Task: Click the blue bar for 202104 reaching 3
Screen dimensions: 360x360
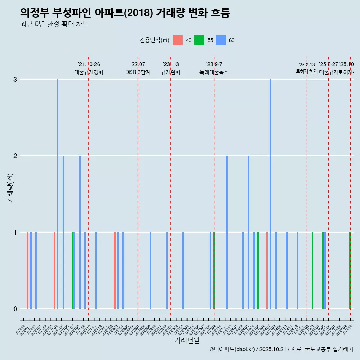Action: (x=58, y=194)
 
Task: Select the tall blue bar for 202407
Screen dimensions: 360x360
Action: (x=270, y=194)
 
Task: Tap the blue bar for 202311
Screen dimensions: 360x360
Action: (x=227, y=232)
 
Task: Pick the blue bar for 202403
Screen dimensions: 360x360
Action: (x=249, y=232)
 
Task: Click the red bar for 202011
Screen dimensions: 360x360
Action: (x=27, y=270)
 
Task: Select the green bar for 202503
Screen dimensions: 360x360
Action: (x=312, y=270)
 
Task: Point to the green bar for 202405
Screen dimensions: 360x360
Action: (x=258, y=270)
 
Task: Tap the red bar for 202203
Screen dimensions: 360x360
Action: (x=114, y=270)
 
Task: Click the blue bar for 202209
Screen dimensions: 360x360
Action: (x=150, y=270)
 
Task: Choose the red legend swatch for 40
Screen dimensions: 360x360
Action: (x=178, y=40)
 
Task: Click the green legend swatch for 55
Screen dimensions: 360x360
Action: (x=199, y=40)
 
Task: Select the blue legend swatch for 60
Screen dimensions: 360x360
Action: (x=221, y=40)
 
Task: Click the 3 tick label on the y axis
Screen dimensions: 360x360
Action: (x=15, y=79)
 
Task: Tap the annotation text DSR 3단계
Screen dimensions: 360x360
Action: (x=138, y=72)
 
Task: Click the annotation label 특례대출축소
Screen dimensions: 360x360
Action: (x=214, y=72)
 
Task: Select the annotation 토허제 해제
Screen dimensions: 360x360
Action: (x=307, y=71)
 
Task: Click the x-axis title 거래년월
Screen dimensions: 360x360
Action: (x=187, y=340)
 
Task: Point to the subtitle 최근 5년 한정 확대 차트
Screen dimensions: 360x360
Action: (x=54, y=24)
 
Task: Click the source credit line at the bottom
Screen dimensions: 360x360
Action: (x=281, y=349)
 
